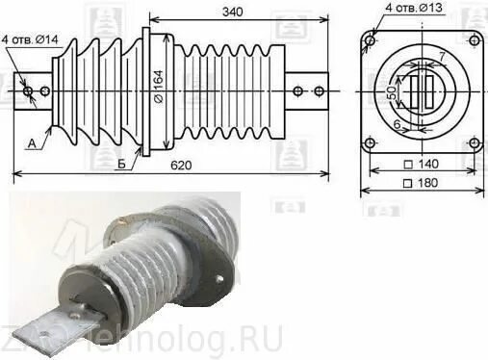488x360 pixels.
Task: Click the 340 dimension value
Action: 231,12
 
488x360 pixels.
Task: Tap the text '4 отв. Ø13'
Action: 416,9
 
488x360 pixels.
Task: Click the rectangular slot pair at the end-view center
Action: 422,92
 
